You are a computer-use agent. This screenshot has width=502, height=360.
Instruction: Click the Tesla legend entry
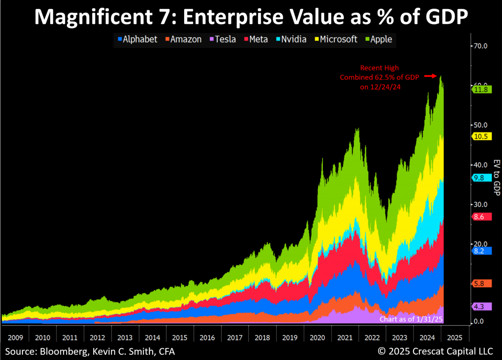click(x=223, y=39)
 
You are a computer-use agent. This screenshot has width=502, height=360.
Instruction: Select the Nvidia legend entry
click(x=291, y=39)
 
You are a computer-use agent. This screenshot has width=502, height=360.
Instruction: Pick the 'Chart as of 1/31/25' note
click(x=411, y=319)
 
